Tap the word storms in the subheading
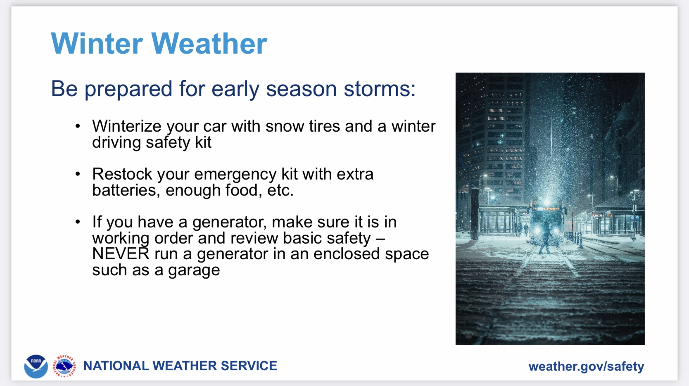click(379, 88)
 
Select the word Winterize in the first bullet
click(127, 126)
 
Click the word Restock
click(122, 174)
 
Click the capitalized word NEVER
click(121, 254)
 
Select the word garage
click(194, 271)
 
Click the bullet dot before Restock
click(78, 174)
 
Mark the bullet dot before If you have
click(78, 222)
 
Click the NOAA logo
click(36, 366)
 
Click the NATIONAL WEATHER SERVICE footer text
click(180, 366)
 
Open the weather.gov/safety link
click(586, 366)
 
